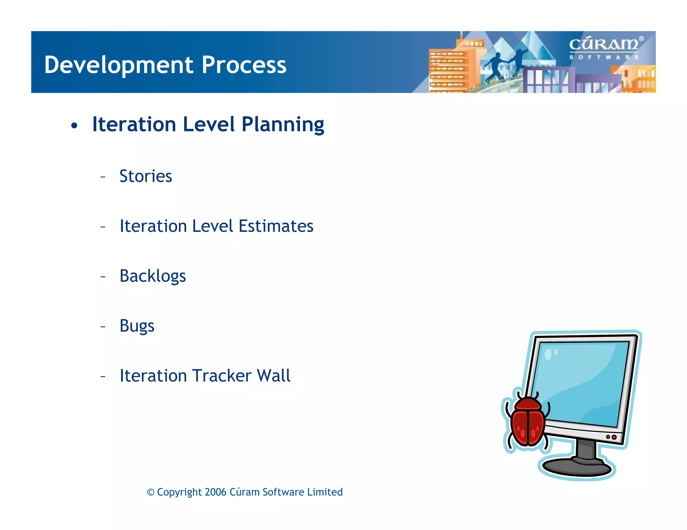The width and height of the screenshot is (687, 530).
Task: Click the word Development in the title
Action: (119, 65)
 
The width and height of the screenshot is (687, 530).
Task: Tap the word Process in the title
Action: (244, 65)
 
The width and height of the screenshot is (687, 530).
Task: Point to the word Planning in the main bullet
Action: (283, 125)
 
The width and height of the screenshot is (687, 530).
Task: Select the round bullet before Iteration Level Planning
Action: (74, 126)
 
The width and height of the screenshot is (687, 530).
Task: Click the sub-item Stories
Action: (146, 176)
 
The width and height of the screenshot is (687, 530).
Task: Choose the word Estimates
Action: (276, 226)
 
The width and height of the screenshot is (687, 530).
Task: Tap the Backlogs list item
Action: (153, 276)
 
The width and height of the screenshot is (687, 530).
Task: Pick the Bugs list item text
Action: (137, 326)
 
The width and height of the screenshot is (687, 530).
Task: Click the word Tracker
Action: (222, 376)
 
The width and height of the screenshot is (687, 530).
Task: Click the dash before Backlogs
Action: (103, 277)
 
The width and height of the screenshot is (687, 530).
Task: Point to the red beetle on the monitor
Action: (527, 420)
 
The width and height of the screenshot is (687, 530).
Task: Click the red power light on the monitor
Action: (614, 437)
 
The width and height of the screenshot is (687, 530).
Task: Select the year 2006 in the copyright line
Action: (215, 492)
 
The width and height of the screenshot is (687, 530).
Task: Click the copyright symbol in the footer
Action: (151, 492)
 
